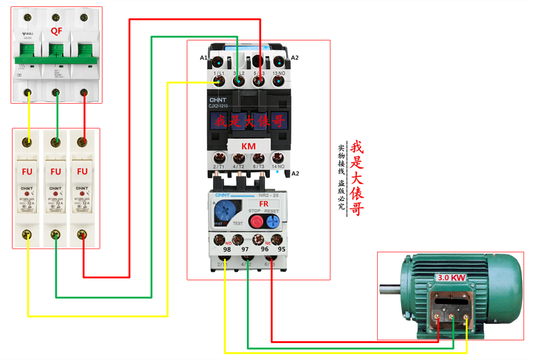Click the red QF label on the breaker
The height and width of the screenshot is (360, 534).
point(56,31)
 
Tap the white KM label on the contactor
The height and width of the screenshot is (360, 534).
point(248,146)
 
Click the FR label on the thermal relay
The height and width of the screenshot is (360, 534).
point(263,204)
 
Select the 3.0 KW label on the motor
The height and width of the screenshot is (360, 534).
point(451,278)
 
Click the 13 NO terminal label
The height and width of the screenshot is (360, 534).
point(278,73)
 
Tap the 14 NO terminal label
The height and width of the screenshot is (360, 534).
point(278,166)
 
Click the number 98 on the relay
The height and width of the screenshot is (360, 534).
point(227,249)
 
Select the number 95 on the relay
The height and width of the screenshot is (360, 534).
point(281,249)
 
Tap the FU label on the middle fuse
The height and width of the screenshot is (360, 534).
point(56,172)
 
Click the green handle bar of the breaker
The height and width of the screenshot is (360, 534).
point(56,60)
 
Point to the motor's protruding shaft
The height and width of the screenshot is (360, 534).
point(390,289)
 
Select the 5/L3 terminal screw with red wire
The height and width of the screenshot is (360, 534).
point(259,82)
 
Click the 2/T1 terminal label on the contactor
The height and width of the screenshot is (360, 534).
point(218,166)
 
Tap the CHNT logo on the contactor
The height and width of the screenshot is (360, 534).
point(218,100)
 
